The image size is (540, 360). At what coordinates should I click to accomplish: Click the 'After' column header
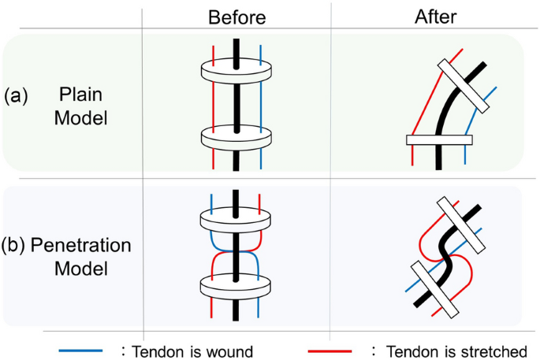coord(435,16)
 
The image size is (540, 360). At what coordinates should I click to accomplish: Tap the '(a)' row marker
coord(17,96)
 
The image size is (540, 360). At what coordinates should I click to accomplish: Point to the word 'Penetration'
coord(81,245)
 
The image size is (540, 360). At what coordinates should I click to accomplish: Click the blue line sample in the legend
coord(80,350)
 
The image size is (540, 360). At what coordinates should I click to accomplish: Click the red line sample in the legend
coord(330,350)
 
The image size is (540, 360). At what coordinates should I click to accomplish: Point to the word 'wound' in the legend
coord(229,351)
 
